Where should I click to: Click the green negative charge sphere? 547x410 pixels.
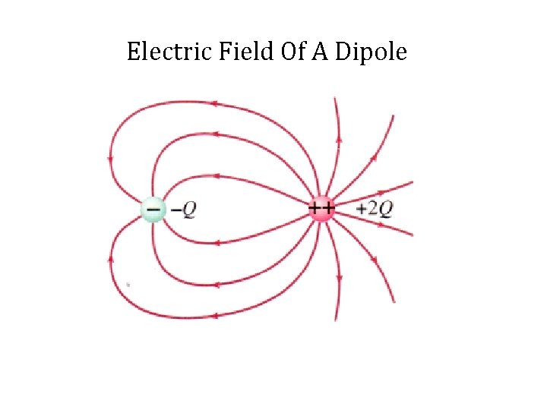[153, 209]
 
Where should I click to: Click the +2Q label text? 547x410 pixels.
[375, 209]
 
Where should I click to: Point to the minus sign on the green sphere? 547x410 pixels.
[153, 207]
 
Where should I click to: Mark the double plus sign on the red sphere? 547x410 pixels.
[321, 207]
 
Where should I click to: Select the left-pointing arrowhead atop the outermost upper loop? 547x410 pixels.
[215, 104]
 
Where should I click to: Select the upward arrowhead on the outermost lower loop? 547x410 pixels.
[112, 259]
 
